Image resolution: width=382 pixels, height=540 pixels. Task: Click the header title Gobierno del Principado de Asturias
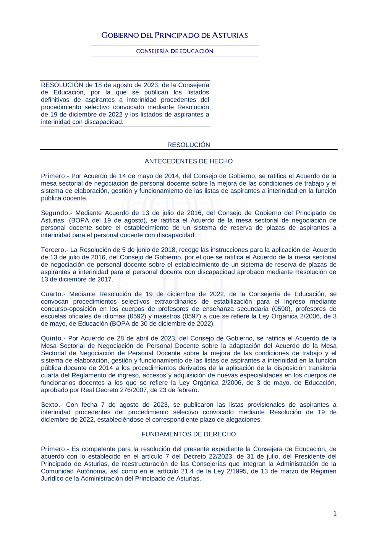pyautogui.click(x=175, y=36)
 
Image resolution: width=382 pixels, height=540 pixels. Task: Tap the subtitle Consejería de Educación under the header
pyautogui.click(x=175, y=51)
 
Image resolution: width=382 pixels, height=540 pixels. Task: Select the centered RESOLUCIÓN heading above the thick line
pyautogui.click(x=189, y=145)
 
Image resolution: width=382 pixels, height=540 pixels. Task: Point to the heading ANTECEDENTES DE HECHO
pyautogui.click(x=189, y=161)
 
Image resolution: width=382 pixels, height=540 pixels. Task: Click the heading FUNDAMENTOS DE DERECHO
pyautogui.click(x=189, y=434)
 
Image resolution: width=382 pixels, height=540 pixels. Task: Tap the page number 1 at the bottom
pyautogui.click(x=335, y=514)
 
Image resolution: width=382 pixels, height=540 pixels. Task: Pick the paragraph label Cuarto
pyautogui.click(x=52, y=294)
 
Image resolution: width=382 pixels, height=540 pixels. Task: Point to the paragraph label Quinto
pyautogui.click(x=52, y=338)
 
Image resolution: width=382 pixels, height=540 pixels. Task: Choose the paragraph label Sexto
pyautogui.click(x=50, y=405)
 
